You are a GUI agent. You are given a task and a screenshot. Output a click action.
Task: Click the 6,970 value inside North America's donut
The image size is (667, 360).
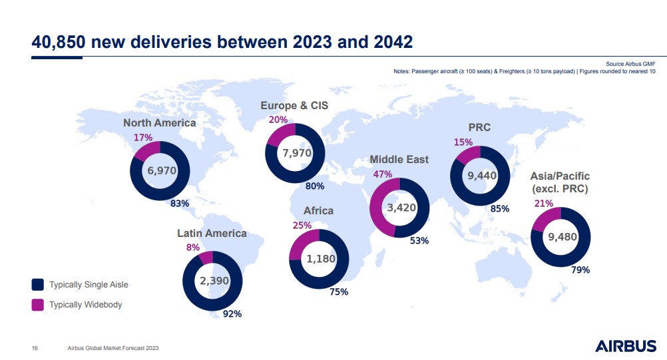tap(161, 170)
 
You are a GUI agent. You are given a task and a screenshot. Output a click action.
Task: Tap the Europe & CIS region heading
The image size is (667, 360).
tap(294, 106)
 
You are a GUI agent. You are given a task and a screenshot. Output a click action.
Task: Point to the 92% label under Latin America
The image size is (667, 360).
tap(232, 313)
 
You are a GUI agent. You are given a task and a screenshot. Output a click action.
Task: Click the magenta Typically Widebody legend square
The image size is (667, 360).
tap(38, 305)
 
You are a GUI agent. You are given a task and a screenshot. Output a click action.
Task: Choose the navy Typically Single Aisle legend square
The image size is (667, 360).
tap(38, 285)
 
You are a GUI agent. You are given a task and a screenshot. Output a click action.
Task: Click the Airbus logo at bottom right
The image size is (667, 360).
tap(625, 347)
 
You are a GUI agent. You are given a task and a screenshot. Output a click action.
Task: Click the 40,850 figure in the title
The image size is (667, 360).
tap(58, 42)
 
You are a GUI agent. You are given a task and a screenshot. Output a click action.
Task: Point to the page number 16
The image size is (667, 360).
tap(35, 348)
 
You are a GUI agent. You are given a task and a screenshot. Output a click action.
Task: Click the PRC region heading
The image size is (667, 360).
tap(479, 126)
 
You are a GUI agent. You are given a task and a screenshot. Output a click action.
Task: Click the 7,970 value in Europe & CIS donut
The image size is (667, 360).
tap(295, 152)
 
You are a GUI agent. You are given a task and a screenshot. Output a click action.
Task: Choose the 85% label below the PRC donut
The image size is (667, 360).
tap(500, 209)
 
